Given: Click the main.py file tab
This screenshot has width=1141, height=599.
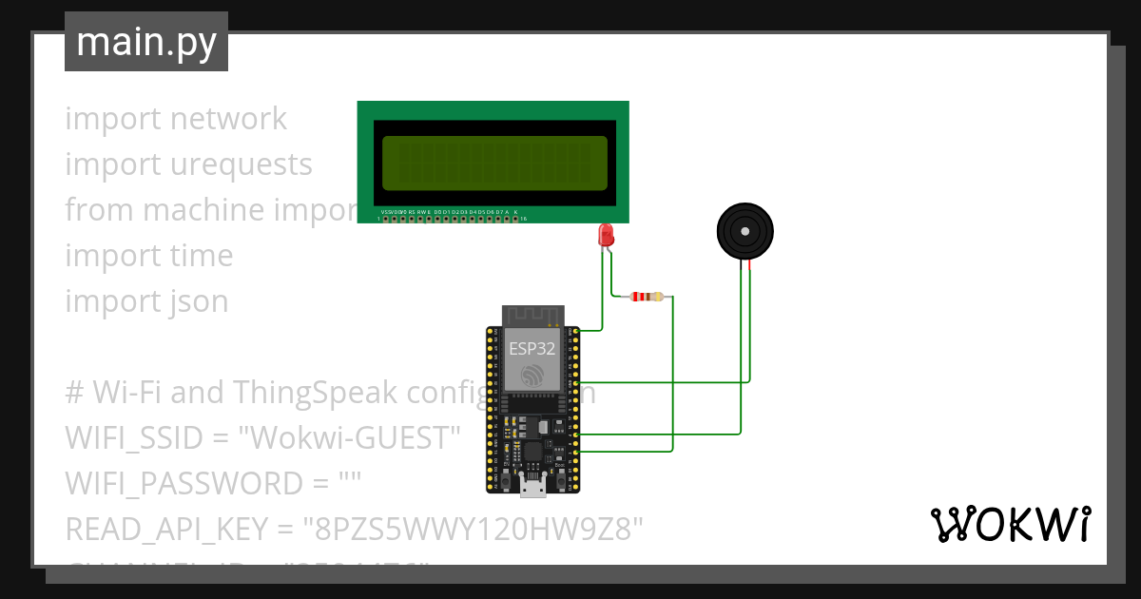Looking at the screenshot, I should [x=145, y=42].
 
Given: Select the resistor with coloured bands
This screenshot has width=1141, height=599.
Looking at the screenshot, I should [x=647, y=297].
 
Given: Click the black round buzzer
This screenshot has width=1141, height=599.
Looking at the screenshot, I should [x=744, y=231].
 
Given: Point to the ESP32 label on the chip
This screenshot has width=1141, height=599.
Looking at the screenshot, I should [x=532, y=348].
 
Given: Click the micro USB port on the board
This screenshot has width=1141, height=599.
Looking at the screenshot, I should [x=532, y=490].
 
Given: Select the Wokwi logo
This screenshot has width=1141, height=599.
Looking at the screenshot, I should [x=1009, y=524].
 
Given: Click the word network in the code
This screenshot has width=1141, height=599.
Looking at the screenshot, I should [x=228, y=119].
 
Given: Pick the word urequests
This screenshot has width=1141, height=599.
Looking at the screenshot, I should [x=241, y=164].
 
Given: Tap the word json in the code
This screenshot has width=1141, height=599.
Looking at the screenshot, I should [x=200, y=301].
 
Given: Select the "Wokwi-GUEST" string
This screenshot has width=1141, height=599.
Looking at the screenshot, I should [x=349, y=438].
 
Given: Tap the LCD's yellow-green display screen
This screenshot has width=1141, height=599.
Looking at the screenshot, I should [x=493, y=162].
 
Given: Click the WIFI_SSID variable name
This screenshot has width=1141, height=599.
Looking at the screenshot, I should [x=133, y=438].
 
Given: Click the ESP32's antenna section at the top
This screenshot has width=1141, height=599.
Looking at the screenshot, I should [x=532, y=315].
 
